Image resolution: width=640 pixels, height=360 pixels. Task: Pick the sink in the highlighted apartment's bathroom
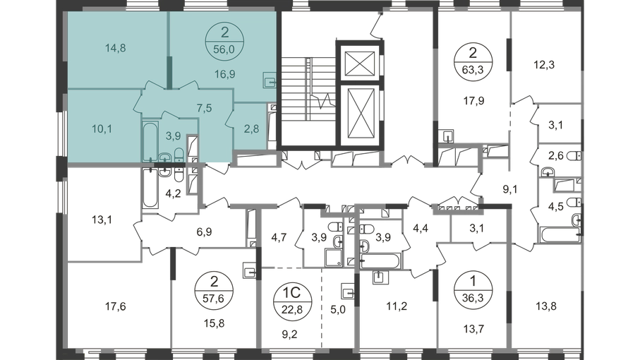click(x=164, y=157)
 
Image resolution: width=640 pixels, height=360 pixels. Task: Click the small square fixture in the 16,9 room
click(x=268, y=80)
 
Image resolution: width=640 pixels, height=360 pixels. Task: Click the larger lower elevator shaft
click(x=361, y=113)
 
